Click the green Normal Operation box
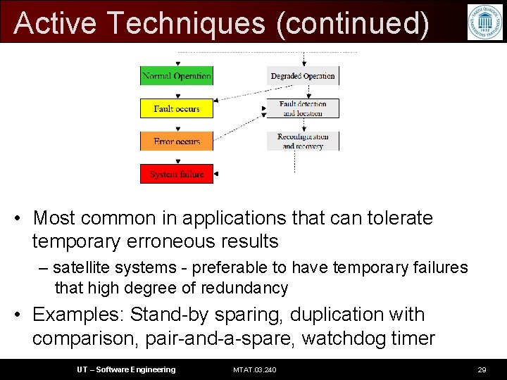(176, 75)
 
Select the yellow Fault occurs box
(176, 108)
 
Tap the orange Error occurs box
(176, 141)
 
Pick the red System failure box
(176, 174)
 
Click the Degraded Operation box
(302, 75)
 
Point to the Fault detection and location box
(302, 108)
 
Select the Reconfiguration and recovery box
(302, 141)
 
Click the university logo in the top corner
(484, 22)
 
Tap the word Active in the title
(55, 23)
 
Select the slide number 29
(482, 369)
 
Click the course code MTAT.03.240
(254, 369)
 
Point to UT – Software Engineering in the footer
(126, 369)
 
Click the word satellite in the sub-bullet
(80, 267)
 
